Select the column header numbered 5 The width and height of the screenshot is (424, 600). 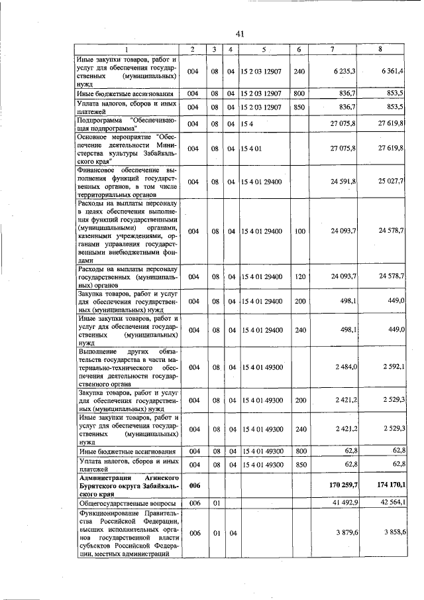click(263, 50)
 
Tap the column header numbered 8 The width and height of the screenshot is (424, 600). click(380, 50)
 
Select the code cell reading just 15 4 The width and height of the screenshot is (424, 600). click(248, 123)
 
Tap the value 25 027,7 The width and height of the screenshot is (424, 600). click(390, 181)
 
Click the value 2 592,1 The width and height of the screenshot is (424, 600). click(392, 367)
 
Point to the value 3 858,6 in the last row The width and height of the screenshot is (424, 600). click(392, 532)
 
